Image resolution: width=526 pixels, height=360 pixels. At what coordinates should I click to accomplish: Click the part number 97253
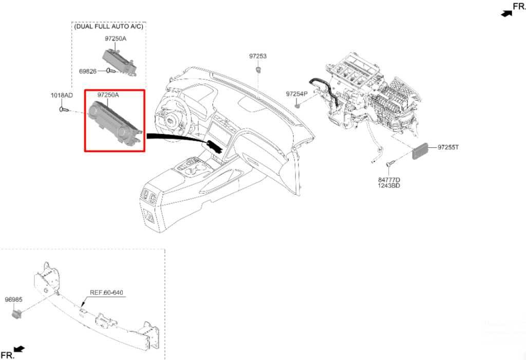(x=258, y=56)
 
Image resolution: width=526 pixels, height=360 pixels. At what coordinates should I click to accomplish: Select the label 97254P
(x=296, y=94)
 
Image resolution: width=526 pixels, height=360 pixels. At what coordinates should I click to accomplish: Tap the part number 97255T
(x=448, y=147)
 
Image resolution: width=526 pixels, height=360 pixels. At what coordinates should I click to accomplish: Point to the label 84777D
(x=389, y=180)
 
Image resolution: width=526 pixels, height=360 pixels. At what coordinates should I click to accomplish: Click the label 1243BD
(x=389, y=185)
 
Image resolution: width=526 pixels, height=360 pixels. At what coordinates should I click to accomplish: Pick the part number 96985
(x=13, y=299)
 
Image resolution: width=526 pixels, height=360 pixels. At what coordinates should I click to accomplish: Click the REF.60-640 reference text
(x=106, y=293)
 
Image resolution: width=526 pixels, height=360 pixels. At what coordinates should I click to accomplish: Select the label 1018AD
(x=61, y=96)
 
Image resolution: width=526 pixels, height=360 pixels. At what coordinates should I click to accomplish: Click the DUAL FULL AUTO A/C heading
(x=108, y=26)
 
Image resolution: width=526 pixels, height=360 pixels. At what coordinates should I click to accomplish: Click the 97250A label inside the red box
(x=108, y=95)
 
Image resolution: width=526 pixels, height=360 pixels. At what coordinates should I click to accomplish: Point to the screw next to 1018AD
(x=64, y=109)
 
